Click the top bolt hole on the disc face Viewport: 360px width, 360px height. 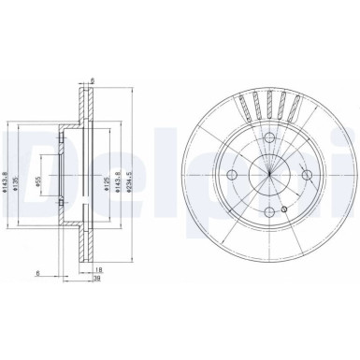(268, 140)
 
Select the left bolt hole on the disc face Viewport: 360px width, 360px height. (235, 175)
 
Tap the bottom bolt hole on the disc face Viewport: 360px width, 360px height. (269, 209)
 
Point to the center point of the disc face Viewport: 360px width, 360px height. (269, 175)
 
